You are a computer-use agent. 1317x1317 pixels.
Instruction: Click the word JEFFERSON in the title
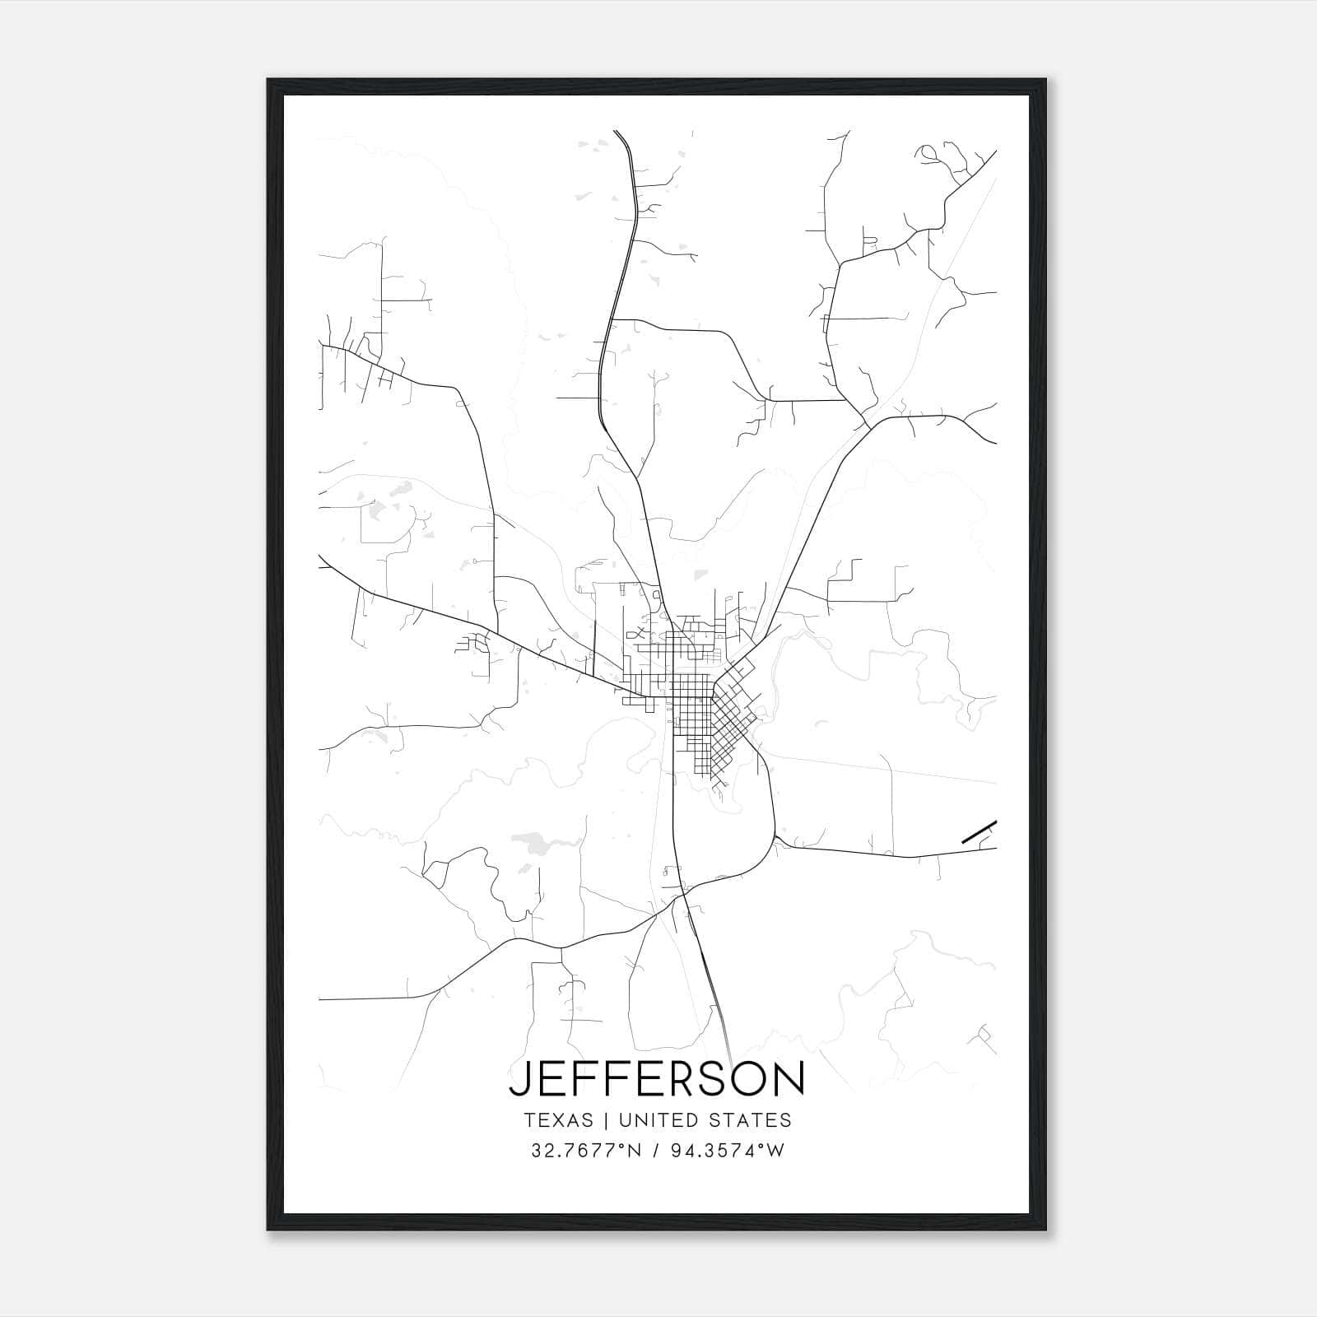click(657, 1078)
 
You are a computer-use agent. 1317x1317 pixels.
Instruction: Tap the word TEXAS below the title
click(557, 1120)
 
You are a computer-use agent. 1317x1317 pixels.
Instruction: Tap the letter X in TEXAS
click(559, 1120)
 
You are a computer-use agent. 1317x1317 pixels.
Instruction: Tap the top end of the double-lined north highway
click(616, 132)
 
